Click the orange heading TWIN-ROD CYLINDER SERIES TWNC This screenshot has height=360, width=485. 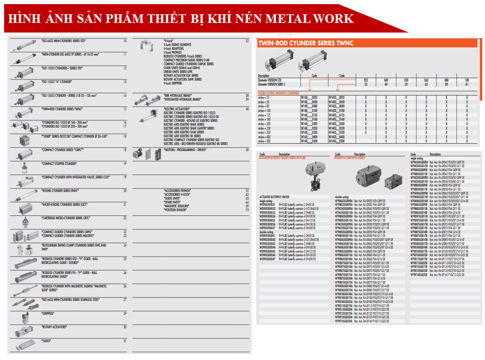tap(306, 43)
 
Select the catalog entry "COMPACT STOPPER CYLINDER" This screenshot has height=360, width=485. tap(59, 163)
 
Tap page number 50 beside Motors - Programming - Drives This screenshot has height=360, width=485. tap(247, 150)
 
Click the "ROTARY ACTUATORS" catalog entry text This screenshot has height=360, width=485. tap(55, 327)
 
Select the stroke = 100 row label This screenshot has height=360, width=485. tap(264, 110)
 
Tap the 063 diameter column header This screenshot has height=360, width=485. tap(426, 79)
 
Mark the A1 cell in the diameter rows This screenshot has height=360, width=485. tap(467, 84)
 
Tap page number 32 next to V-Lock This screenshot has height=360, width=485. tap(247, 41)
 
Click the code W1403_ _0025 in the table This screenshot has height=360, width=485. tap(335, 97)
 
